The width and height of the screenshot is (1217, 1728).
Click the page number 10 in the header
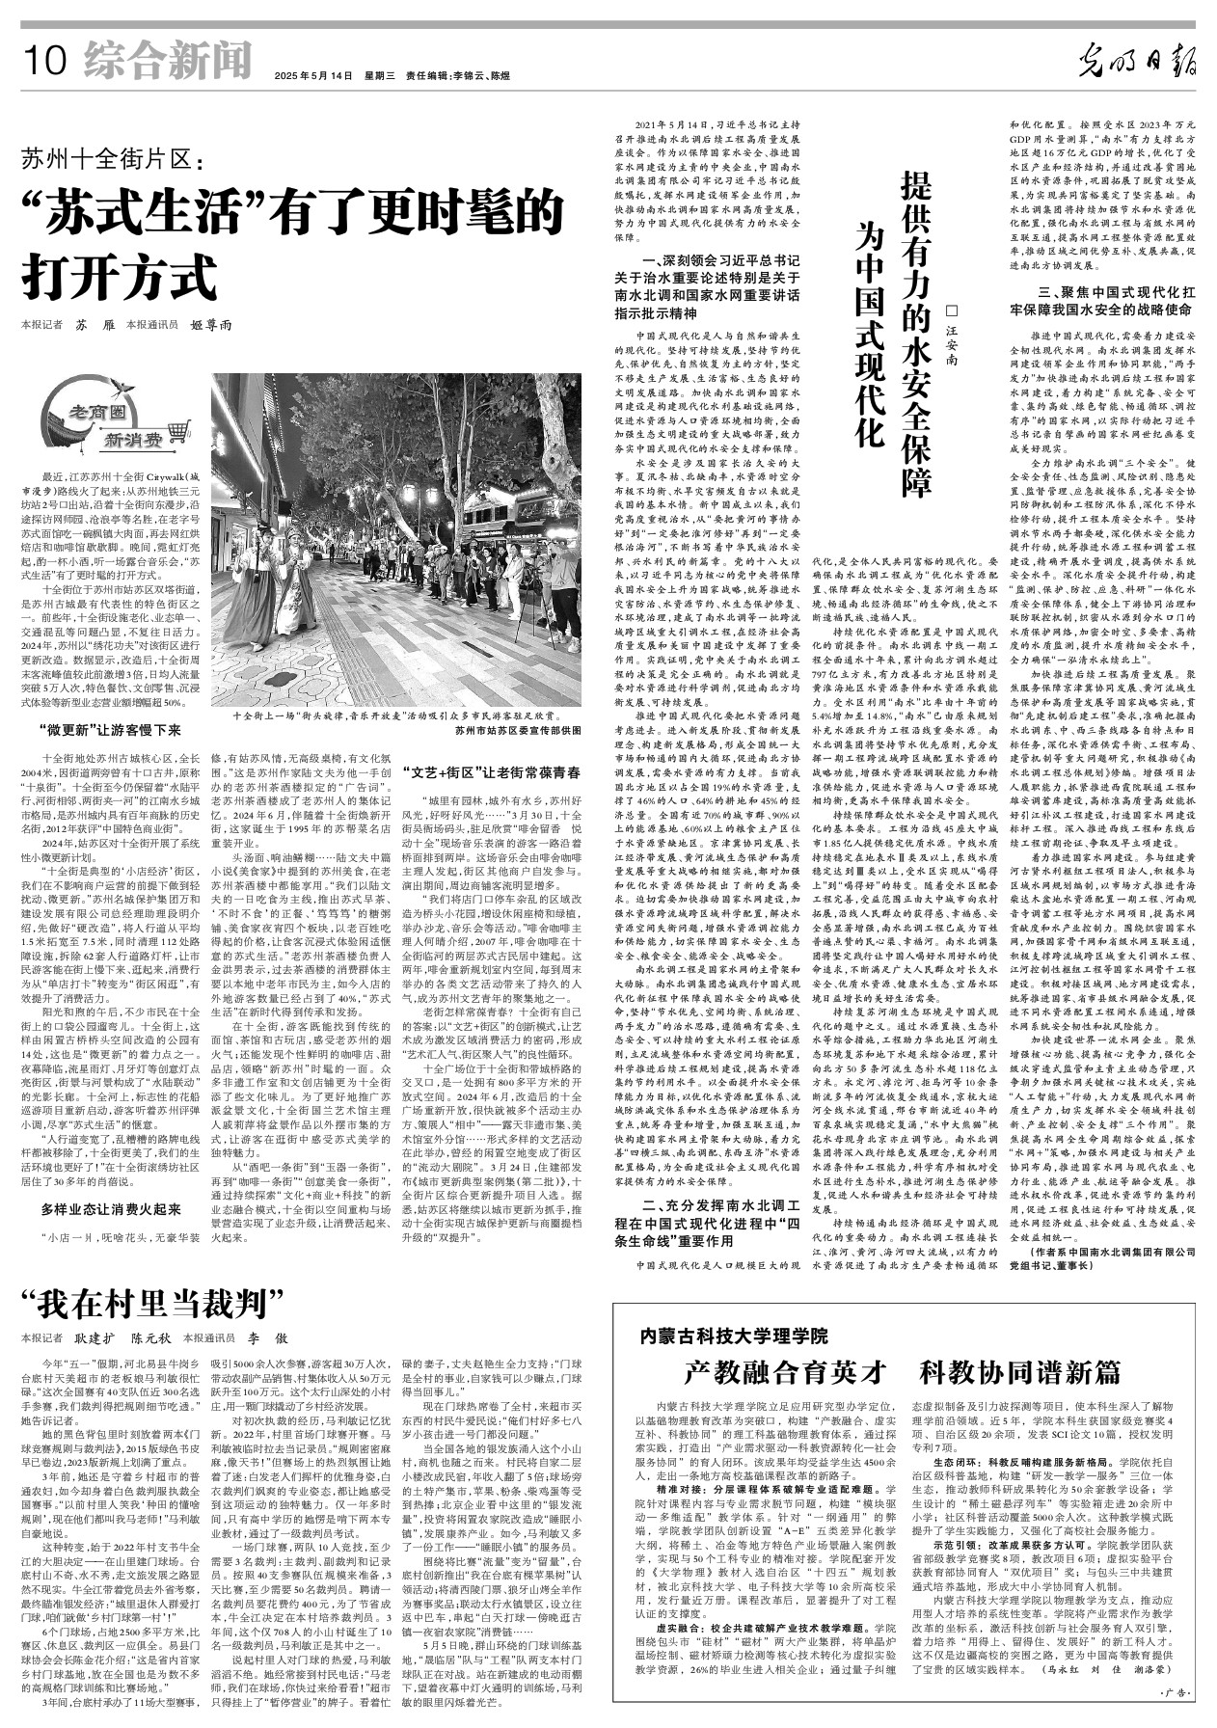[x=44, y=64]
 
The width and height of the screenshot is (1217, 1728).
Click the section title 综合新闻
[x=167, y=62]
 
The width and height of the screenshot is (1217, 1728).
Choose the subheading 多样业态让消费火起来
[x=112, y=1208]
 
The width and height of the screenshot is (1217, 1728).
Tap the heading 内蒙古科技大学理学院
[x=734, y=1336]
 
